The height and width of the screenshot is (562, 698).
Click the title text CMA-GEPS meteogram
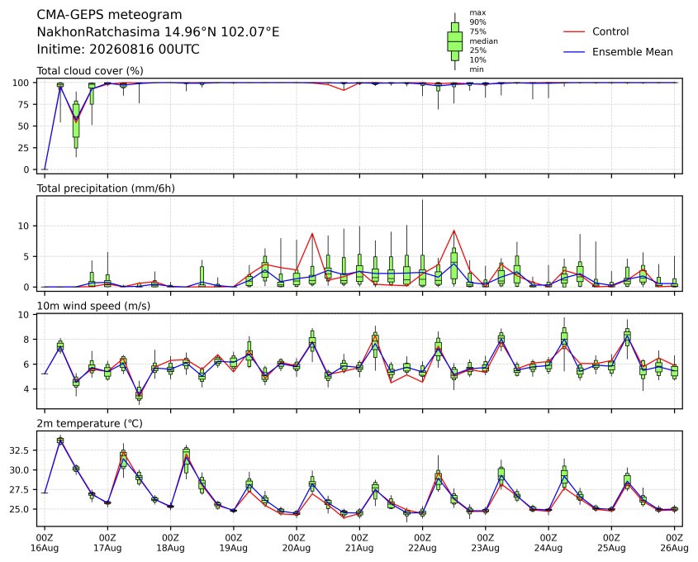pyautogui.click(x=109, y=15)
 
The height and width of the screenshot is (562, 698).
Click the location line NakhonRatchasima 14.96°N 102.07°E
pyautogui.click(x=158, y=32)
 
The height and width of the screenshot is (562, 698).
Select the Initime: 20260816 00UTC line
pyautogui.click(x=118, y=49)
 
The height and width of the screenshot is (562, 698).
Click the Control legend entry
pyautogui.click(x=596, y=31)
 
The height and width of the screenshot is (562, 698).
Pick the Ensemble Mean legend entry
pyautogui.click(x=618, y=52)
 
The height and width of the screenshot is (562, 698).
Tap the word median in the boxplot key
pyautogui.click(x=483, y=41)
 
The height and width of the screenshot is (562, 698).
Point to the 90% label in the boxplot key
pyautogui.click(x=477, y=21)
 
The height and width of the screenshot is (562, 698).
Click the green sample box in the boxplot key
pyautogui.click(x=454, y=41)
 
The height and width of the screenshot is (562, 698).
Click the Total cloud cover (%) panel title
pyautogui.click(x=90, y=71)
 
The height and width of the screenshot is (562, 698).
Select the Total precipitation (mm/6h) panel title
pyautogui.click(x=106, y=188)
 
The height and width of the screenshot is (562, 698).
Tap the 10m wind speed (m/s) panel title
pyautogui.click(x=93, y=306)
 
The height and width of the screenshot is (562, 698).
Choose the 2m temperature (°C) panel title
pyautogui.click(x=89, y=423)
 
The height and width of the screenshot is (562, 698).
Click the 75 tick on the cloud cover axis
pyautogui.click(x=24, y=105)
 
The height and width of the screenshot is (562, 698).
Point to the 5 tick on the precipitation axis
pyautogui.click(x=26, y=256)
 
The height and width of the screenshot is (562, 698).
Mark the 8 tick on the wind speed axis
pyautogui.click(x=26, y=340)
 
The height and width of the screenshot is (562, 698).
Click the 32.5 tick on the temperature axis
pyautogui.click(x=19, y=450)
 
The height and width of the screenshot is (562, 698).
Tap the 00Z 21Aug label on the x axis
pyautogui.click(x=359, y=543)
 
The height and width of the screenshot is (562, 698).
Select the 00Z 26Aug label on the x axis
pyautogui.click(x=674, y=543)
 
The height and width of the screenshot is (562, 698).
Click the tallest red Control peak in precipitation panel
pyautogui.click(x=453, y=231)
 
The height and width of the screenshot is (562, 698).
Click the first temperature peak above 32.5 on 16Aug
pyautogui.click(x=60, y=441)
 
